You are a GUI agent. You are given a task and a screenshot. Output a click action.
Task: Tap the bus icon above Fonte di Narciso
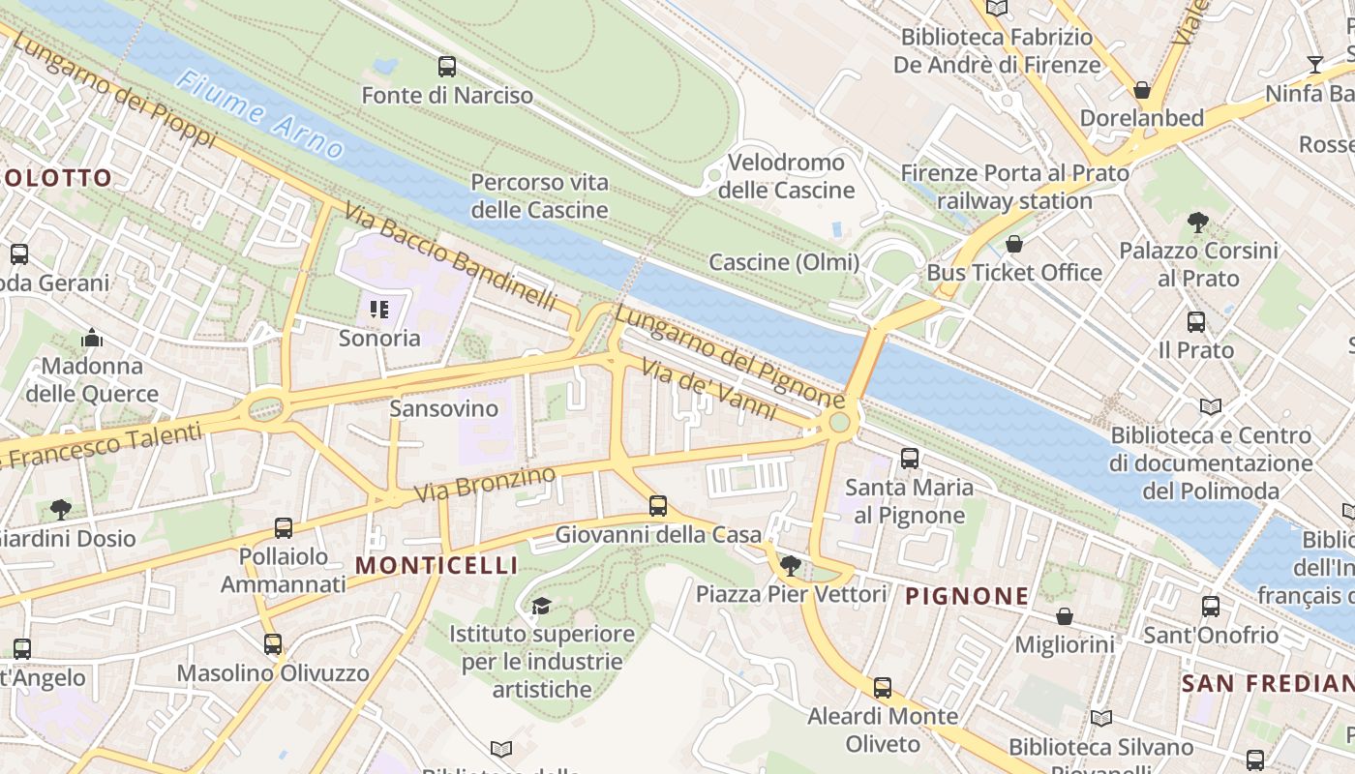pyautogui.click(x=446, y=67)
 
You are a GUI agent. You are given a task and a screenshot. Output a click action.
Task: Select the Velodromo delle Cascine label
pyautogui.click(x=786, y=176)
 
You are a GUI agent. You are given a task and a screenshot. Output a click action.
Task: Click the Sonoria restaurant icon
pyautogui.click(x=379, y=310)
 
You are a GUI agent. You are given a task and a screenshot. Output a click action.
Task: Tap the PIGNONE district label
pyautogui.click(x=966, y=596)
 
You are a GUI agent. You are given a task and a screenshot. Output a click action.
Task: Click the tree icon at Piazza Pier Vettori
pyautogui.click(x=791, y=566)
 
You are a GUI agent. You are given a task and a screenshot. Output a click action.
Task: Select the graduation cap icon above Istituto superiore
pyautogui.click(x=541, y=606)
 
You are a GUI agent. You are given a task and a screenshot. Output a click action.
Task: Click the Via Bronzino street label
pyautogui.click(x=486, y=484)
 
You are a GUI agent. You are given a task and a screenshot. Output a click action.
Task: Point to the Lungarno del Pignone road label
pyautogui.click(x=729, y=357)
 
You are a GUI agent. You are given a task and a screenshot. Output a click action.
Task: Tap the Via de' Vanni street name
pyautogui.click(x=710, y=389)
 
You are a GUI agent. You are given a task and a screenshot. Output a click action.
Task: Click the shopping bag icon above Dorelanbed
pyautogui.click(x=1142, y=91)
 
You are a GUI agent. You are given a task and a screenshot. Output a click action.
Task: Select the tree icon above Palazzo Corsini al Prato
pyautogui.click(x=1198, y=223)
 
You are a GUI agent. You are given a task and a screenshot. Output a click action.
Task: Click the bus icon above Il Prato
pyautogui.click(x=1196, y=322)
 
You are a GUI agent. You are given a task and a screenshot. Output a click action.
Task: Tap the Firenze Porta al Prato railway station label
pyautogui.click(x=1014, y=188)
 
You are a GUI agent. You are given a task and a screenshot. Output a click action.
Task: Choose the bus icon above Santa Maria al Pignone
pyautogui.click(x=910, y=459)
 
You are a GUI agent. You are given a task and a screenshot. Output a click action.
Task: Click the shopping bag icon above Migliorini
pyautogui.click(x=1065, y=616)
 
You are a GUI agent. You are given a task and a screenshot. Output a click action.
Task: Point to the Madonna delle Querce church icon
pyautogui.click(x=92, y=339)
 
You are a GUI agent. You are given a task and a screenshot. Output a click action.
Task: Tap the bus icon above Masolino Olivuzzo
pyautogui.click(x=273, y=644)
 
